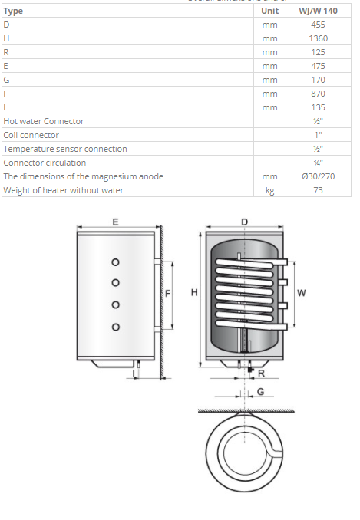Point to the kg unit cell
click(x=269, y=190)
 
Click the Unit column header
click(x=269, y=11)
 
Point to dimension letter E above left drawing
click(x=115, y=222)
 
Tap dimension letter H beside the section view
click(x=195, y=292)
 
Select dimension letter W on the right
click(x=301, y=291)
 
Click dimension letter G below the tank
click(x=263, y=392)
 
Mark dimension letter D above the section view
click(x=244, y=222)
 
